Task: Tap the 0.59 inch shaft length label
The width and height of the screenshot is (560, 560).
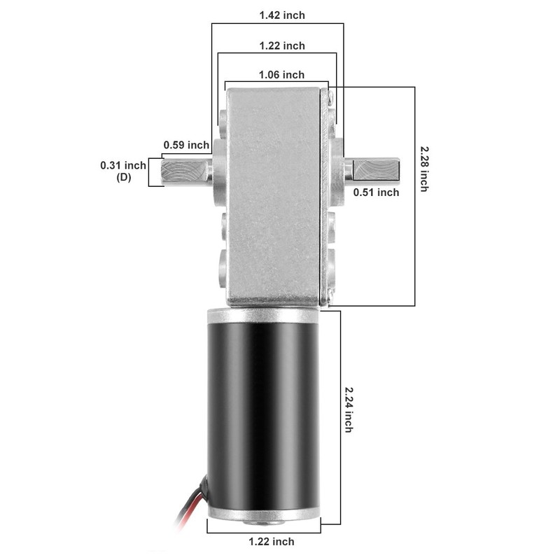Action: (186, 146)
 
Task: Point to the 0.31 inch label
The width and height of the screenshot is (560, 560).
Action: (123, 165)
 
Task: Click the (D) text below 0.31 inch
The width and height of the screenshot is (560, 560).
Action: (123, 178)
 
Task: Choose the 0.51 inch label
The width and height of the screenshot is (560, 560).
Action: (376, 192)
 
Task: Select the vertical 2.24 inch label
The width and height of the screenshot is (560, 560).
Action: (348, 409)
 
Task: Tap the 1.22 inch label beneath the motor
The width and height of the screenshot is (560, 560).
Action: (272, 541)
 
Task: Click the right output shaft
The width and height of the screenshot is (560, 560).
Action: (374, 170)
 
